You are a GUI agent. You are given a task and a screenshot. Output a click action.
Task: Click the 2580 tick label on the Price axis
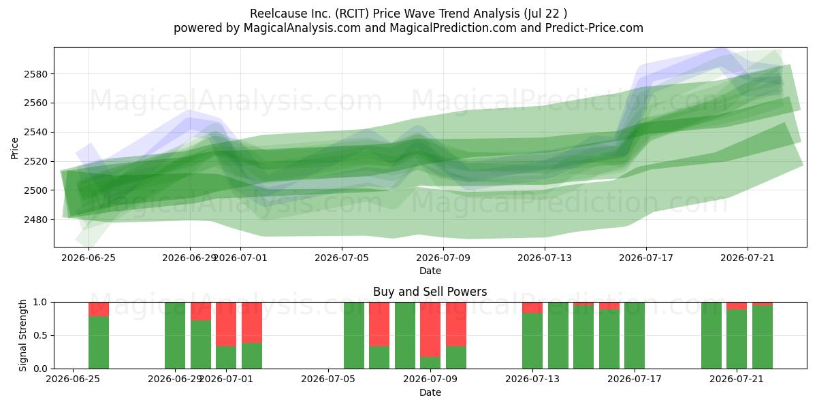35,74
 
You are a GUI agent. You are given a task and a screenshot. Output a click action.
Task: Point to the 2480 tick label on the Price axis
35,220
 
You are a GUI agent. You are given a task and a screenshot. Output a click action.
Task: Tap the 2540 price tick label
35,132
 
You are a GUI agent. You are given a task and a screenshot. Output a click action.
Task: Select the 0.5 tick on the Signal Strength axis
40,335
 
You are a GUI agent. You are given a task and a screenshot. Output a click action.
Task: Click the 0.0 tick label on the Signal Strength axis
40,369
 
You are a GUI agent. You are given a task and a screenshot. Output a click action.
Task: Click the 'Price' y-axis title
14,148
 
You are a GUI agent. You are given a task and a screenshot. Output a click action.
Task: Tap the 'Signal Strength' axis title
22,335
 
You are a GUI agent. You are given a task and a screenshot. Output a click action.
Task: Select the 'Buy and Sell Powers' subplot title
430,292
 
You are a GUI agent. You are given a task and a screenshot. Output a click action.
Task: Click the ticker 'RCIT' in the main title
353,14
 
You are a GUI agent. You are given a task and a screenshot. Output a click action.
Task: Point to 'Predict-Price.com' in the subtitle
594,28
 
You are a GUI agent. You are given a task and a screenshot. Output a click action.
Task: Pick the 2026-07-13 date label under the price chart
545,258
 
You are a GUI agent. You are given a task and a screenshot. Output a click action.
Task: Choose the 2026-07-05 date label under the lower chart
328,379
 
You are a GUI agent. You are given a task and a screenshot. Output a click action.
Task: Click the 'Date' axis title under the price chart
430,271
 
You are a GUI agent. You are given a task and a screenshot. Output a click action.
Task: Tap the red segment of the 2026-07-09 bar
430,330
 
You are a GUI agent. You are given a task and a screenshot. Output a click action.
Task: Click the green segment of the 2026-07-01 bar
226,358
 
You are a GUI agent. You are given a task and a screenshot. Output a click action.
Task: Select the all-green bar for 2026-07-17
635,335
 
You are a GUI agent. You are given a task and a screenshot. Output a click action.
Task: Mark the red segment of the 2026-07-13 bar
532,307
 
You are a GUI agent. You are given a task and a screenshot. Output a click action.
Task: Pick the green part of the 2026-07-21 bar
737,339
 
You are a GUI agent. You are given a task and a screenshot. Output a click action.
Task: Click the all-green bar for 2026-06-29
175,335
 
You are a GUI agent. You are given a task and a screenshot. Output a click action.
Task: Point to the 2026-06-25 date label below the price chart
89,258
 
